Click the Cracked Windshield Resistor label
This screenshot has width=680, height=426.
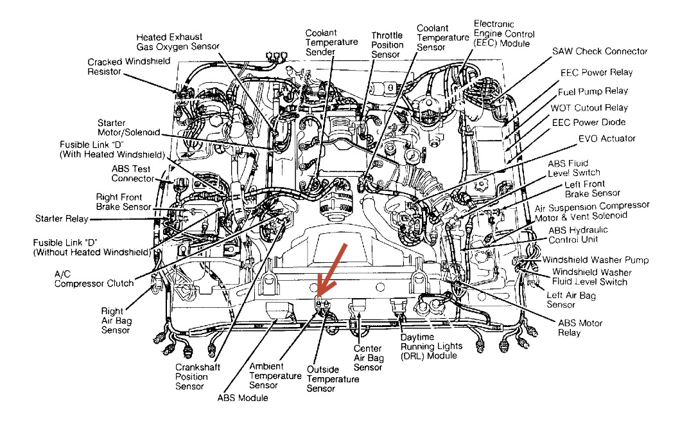(x=129, y=66)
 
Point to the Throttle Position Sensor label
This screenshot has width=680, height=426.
(x=387, y=45)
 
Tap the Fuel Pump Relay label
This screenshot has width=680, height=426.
(x=593, y=92)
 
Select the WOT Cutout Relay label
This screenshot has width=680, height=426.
(x=589, y=108)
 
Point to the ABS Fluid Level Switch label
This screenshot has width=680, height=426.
(x=573, y=168)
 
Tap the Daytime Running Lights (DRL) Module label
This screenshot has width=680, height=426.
(x=431, y=346)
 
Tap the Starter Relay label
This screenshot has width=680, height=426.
(x=62, y=220)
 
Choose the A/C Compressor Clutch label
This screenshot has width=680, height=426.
(x=94, y=278)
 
